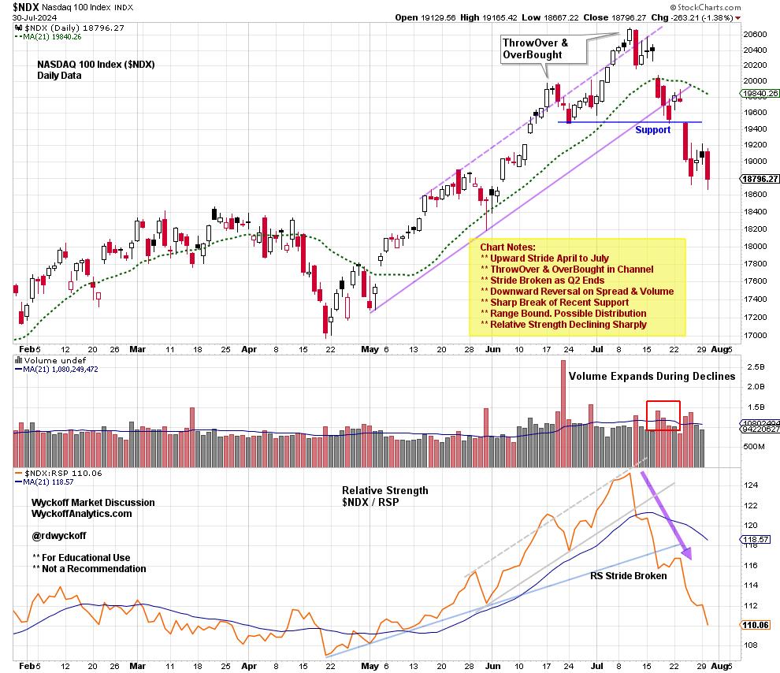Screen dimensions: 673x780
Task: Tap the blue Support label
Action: click(x=653, y=129)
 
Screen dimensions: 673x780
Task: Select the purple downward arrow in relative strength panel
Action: click(x=665, y=516)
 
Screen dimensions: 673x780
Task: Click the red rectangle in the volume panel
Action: click(x=663, y=415)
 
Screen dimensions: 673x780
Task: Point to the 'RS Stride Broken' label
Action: click(x=628, y=575)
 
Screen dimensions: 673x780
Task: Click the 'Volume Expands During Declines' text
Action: click(x=652, y=376)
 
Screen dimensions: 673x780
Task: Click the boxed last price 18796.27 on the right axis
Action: click(x=760, y=179)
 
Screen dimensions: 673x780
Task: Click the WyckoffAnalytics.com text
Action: click(x=82, y=514)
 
